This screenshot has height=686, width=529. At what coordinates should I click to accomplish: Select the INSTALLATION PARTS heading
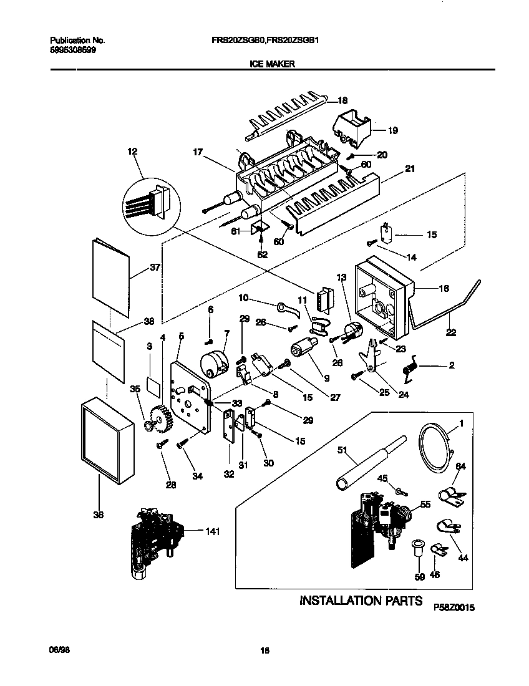[x=357, y=601]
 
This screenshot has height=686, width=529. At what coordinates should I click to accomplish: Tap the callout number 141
[x=213, y=531]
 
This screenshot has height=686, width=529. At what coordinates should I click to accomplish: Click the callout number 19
[x=392, y=131]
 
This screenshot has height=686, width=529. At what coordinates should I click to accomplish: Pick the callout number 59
[x=419, y=577]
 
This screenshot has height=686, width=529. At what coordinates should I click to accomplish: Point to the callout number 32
[x=229, y=473]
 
